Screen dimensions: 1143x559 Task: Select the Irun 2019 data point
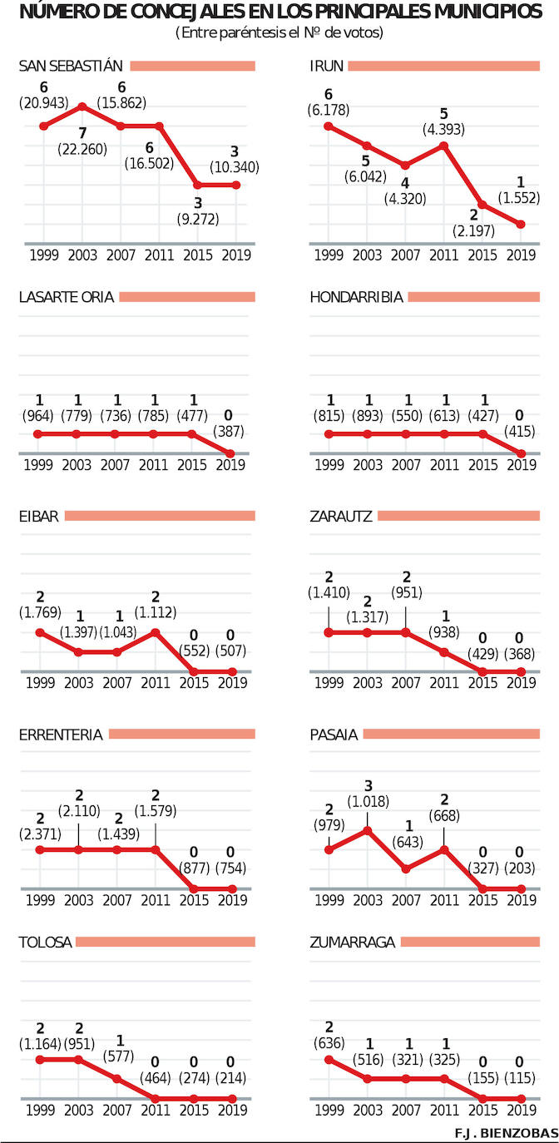(x=521, y=224)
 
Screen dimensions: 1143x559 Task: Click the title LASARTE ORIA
(x=66, y=297)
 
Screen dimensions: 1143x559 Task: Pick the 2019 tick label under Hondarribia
(x=521, y=465)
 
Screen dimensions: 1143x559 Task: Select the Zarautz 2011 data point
(x=443, y=651)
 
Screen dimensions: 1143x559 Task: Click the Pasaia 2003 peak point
(x=367, y=829)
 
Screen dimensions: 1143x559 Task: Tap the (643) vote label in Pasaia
(x=405, y=842)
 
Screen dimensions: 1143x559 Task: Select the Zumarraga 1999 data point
(x=329, y=1059)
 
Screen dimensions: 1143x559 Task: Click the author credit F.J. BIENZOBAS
(x=505, y=1133)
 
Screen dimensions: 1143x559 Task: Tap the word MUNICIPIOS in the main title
(x=482, y=12)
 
